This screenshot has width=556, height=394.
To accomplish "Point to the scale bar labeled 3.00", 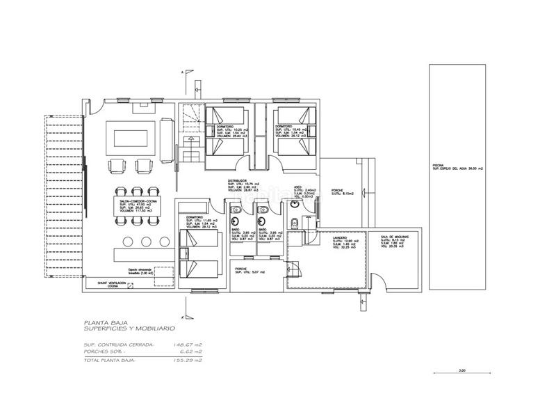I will [x=461, y=373].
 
